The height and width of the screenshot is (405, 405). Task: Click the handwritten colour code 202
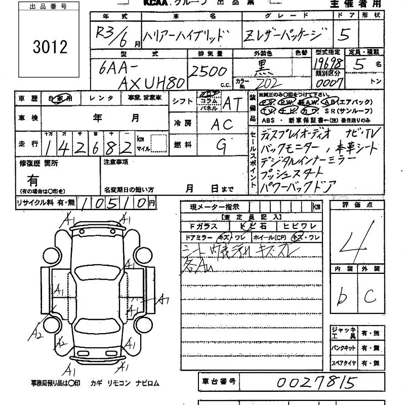pos(266,83)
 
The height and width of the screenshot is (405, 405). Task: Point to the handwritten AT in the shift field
pos(231,103)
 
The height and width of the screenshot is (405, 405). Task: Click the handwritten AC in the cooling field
pos(221,124)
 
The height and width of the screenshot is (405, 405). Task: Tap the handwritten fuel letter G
pos(221,145)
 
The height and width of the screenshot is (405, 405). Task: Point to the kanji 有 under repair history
pos(33,180)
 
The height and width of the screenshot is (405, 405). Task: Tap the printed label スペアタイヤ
pos(344,363)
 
